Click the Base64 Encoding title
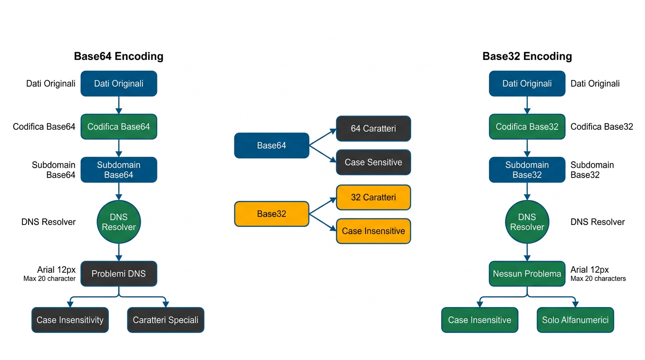tap(119, 56)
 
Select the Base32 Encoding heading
tap(527, 56)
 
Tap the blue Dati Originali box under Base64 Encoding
tap(119, 83)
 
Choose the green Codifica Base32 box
tap(527, 127)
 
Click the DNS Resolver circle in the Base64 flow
tap(119, 222)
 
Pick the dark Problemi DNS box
tap(119, 274)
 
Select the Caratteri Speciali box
tap(165, 320)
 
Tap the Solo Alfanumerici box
tap(575, 320)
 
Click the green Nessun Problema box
tap(527, 274)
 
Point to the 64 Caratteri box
tap(373, 128)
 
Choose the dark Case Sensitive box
tap(373, 162)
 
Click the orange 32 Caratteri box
tap(373, 197)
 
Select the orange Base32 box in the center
tap(271, 214)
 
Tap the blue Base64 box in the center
tap(271, 145)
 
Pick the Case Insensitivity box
tap(70, 320)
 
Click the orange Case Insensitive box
tap(373, 231)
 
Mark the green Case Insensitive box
tap(480, 320)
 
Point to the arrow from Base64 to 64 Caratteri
tap(323, 136)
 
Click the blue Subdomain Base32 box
tap(527, 170)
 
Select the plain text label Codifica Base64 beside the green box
tap(44, 127)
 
